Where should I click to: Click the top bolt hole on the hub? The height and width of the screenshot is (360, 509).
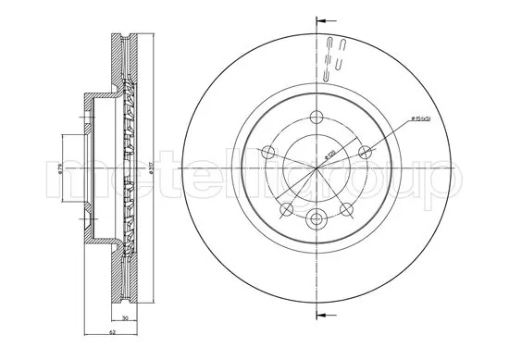(x=317, y=118)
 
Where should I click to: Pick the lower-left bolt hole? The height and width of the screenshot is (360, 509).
(x=287, y=208)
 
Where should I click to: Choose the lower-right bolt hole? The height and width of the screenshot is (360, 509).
(x=346, y=208)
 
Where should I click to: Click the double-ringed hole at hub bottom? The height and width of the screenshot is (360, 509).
(x=317, y=219)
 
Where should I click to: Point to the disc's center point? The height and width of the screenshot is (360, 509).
(x=317, y=168)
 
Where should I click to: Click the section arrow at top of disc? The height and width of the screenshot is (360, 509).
(x=321, y=19)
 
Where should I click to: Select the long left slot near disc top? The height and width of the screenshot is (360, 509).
(x=330, y=53)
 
